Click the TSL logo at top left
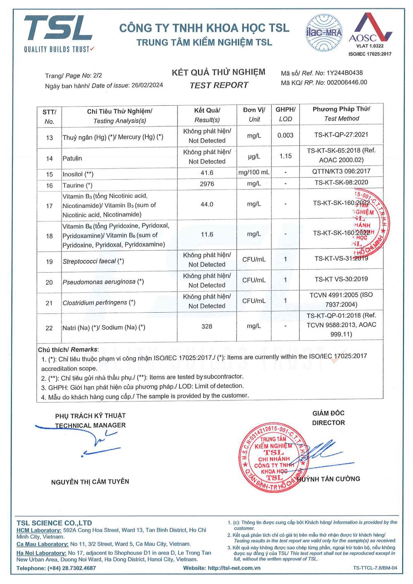pyautogui.click(x=59, y=33)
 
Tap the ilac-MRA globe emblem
pyautogui.click(x=324, y=32)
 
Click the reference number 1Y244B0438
pyautogui.click(x=344, y=73)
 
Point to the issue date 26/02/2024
pyautogui.click(x=147, y=85)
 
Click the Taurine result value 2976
pyautogui.click(x=207, y=184)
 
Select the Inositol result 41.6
pyautogui.click(x=207, y=173)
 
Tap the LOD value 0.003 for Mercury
pyautogui.click(x=285, y=135)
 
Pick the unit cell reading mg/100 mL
pyautogui.click(x=254, y=172)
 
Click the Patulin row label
pyautogui.click(x=72, y=158)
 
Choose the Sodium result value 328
pyautogui.click(x=207, y=326)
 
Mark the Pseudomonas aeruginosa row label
pyautogui.click(x=103, y=282)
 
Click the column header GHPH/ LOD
pyautogui.click(x=285, y=114)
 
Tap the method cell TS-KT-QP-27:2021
pyautogui.click(x=341, y=135)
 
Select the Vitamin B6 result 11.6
pyautogui.click(x=207, y=235)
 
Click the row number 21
pyautogui.click(x=49, y=303)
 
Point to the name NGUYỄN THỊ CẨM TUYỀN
pyautogui.click(x=90, y=482)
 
